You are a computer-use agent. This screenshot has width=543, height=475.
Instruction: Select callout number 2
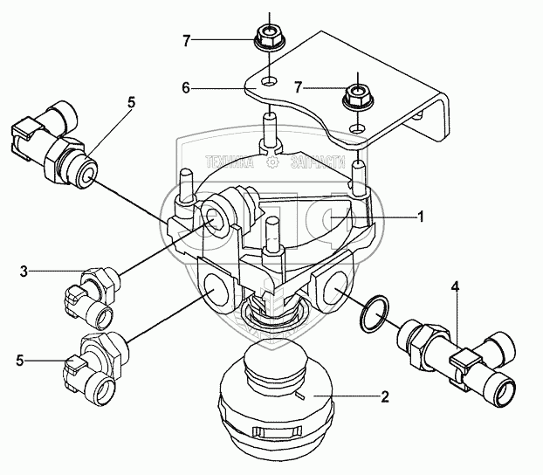tap(385, 396)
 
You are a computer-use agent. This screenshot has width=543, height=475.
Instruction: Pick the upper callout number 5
tap(131, 101)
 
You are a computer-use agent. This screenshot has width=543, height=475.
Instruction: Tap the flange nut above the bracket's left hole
tap(267, 38)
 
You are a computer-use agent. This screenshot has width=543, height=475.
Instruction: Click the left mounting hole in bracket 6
tap(271, 81)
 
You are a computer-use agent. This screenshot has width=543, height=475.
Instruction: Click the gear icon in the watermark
tap(272, 162)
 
